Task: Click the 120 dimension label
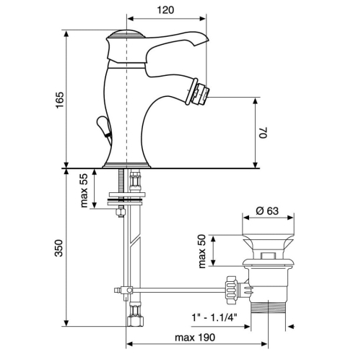165,10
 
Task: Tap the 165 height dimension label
60,100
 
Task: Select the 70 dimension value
263,132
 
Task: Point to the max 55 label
84,190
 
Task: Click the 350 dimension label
58,248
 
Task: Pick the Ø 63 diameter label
267,211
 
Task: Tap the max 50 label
202,251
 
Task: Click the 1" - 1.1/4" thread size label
214,317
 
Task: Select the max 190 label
195,338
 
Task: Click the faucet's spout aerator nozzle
198,92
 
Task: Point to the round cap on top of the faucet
126,34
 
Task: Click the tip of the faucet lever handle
207,39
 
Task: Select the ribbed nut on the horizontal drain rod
231,291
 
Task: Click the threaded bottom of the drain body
268,307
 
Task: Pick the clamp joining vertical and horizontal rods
126,290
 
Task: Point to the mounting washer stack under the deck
126,199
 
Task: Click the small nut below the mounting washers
121,212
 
